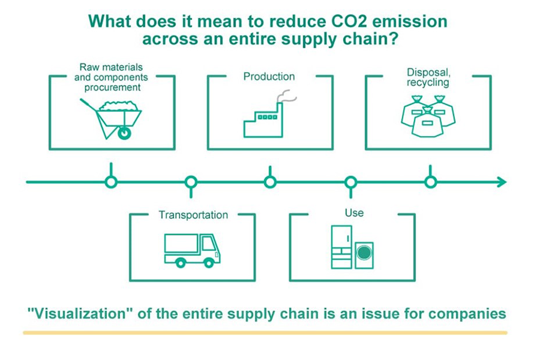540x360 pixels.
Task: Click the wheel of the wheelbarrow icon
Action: (x=124, y=133)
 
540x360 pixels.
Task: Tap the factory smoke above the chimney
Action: (x=287, y=96)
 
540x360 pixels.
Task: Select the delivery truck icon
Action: (x=192, y=250)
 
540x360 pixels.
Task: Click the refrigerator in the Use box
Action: (x=341, y=247)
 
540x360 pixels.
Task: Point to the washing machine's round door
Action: (x=364, y=253)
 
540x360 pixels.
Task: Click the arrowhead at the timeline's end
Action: (x=502, y=182)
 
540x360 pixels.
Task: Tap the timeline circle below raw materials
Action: (x=111, y=182)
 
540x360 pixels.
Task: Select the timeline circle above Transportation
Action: (x=191, y=182)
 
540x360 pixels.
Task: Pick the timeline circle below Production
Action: (x=271, y=182)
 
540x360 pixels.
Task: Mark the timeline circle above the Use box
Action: (x=351, y=182)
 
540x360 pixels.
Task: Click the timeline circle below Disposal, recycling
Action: (x=430, y=182)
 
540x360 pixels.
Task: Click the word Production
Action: (x=269, y=76)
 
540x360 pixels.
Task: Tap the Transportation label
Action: (x=193, y=215)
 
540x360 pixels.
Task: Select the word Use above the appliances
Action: (x=354, y=213)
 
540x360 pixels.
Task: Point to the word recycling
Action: (x=428, y=83)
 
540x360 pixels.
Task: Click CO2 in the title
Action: (x=349, y=22)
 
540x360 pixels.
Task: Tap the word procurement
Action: (x=112, y=88)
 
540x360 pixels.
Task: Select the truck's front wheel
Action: (x=209, y=263)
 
